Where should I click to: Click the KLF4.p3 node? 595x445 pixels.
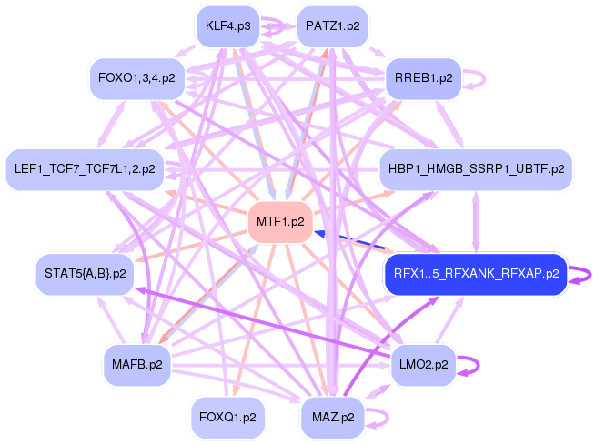(227, 26)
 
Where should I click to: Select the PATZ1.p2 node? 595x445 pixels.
(333, 26)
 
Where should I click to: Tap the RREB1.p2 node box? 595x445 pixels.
(423, 79)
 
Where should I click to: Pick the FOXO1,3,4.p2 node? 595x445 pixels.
(136, 79)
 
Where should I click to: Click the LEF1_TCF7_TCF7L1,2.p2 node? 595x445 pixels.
(85, 168)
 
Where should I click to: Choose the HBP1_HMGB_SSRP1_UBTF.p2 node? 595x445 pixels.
(476, 168)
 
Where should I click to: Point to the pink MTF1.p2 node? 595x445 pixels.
(280, 221)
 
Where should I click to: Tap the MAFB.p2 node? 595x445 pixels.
(136, 365)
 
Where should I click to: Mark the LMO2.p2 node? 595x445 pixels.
(424, 365)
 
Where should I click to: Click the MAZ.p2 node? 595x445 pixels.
(333, 418)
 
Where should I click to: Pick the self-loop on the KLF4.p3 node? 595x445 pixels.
(273, 26)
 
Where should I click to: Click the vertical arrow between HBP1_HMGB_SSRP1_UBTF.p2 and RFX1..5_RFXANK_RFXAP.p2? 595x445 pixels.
(476, 220)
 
